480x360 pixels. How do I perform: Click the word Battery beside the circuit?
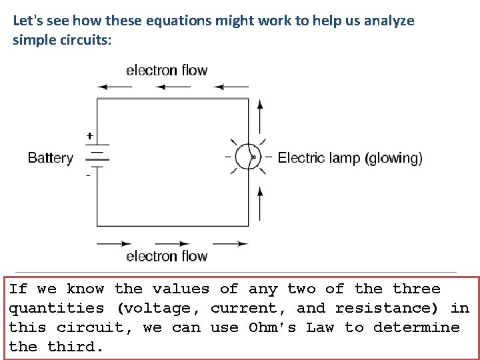click(x=50, y=159)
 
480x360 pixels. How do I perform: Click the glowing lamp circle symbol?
click(x=248, y=157)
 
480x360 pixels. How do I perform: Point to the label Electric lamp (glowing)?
click(x=349, y=158)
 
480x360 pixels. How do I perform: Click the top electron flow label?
click(x=167, y=70)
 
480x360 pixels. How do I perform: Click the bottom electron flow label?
click(x=167, y=256)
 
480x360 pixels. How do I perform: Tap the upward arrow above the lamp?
click(x=260, y=116)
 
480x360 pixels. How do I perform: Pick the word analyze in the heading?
click(x=391, y=21)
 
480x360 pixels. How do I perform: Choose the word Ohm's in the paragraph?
click(x=272, y=327)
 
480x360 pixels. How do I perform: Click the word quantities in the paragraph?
click(x=56, y=309)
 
